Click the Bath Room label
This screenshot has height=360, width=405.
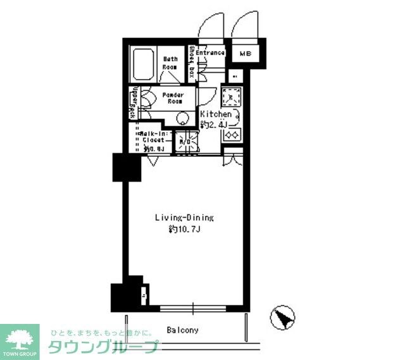tap(170, 63)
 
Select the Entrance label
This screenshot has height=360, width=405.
tap(210, 53)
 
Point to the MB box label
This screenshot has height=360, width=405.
tap(246, 54)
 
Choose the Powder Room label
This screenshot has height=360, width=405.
tap(172, 97)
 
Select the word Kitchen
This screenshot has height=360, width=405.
tap(216, 115)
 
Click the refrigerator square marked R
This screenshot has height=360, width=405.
tap(235, 77)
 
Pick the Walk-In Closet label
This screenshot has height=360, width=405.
tap(153, 137)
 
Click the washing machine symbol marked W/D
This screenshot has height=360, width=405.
tap(185, 142)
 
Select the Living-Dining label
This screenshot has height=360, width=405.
tap(185, 218)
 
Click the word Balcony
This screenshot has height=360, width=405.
tap(183, 330)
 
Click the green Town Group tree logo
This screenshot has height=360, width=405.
tap(19, 338)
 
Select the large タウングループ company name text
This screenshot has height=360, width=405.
tap(101, 347)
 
